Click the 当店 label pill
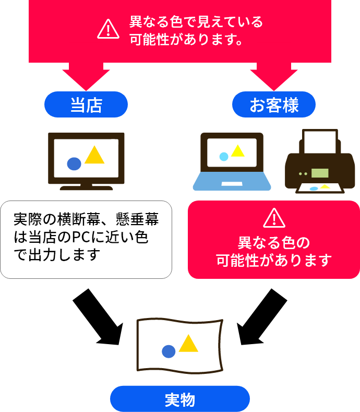86,104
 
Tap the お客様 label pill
274,104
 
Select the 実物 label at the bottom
180,399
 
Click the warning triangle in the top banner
108,29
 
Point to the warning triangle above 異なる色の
274,218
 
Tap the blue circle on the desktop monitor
74,163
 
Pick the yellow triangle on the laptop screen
237,151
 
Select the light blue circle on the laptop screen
224,156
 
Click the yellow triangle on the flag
188,344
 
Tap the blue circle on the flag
168,351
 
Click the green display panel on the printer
320,173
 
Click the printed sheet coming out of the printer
320,187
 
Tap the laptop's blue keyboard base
232,182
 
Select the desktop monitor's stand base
86,187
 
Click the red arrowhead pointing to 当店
86,78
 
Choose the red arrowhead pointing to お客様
274,78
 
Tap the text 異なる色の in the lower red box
274,243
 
